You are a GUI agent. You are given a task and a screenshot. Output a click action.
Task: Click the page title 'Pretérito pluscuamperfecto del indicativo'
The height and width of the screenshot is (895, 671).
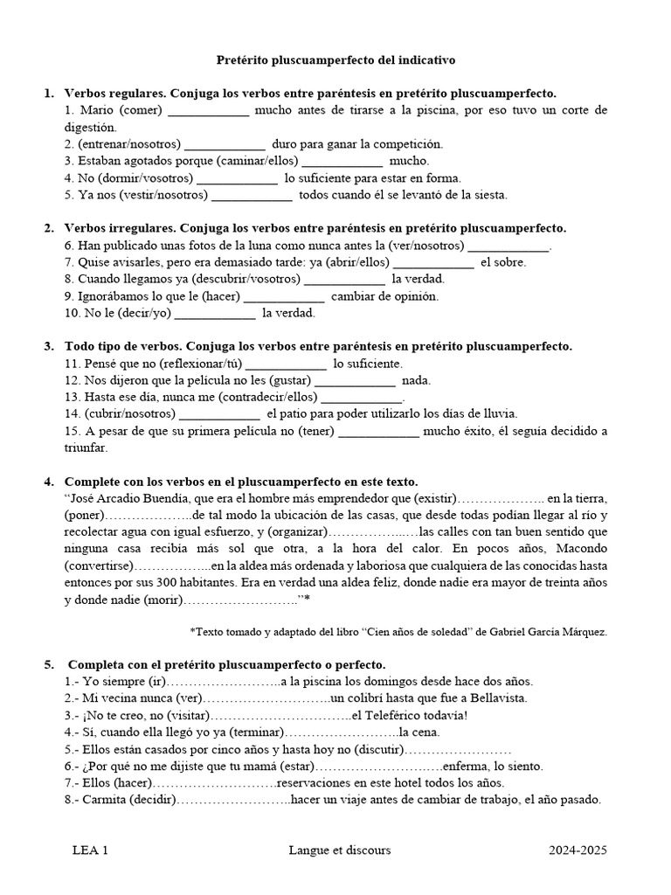point(335,60)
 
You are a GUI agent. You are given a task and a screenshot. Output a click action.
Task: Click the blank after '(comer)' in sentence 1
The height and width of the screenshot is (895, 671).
point(208,111)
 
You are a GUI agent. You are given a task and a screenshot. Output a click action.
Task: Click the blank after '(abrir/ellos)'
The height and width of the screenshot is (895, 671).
point(433,262)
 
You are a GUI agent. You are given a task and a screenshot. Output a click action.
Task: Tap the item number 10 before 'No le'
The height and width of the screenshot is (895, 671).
point(73,312)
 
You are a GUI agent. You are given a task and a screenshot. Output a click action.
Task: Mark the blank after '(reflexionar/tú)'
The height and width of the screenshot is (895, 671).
point(287,363)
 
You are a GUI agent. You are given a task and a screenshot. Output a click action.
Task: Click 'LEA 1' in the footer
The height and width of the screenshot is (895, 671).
point(91,850)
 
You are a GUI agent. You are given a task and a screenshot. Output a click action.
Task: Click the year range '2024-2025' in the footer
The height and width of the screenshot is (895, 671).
point(578,850)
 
